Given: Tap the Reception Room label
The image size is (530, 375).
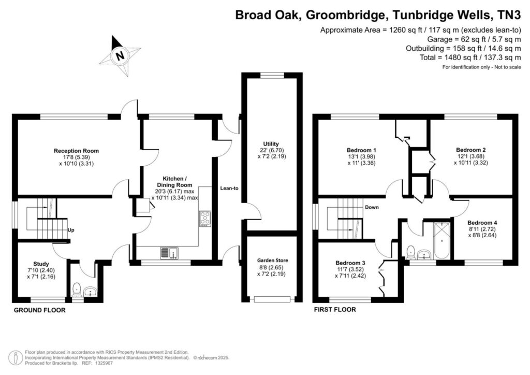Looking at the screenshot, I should [x=76, y=151].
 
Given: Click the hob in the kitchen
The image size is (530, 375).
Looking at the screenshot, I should [x=205, y=218].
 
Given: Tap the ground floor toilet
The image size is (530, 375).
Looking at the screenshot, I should [x=77, y=290].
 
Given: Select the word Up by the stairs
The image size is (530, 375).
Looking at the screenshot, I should [x=70, y=229].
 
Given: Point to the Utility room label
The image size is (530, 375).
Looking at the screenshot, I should [x=271, y=144].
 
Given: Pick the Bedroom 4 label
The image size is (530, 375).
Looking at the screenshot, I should [x=482, y=223].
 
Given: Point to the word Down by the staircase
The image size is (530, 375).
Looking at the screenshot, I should [x=371, y=207].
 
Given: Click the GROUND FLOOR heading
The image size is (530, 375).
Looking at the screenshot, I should [x=39, y=310].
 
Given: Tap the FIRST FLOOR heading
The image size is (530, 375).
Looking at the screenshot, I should [x=335, y=310].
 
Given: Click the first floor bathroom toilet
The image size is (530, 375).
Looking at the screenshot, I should [x=410, y=252].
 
